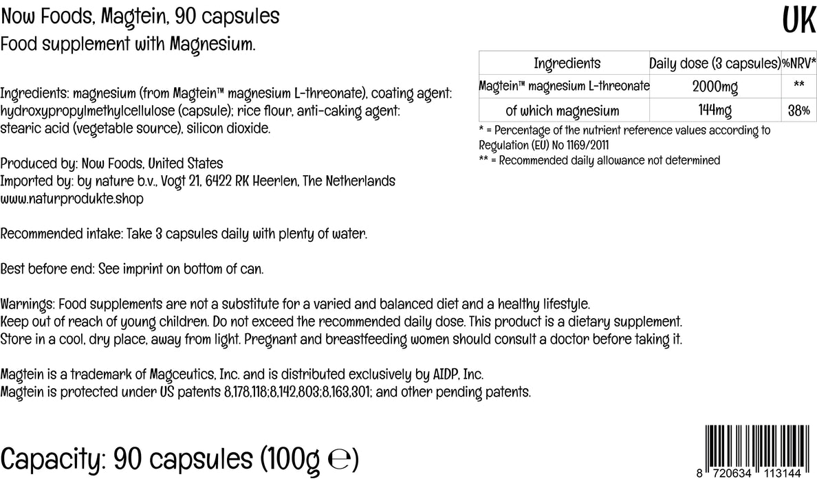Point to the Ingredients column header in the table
pyautogui.click(x=567, y=63)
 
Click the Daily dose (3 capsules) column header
pyautogui.click(x=715, y=63)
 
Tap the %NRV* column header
pyautogui.click(x=798, y=63)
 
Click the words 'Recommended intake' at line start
pyautogui.click(x=61, y=234)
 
